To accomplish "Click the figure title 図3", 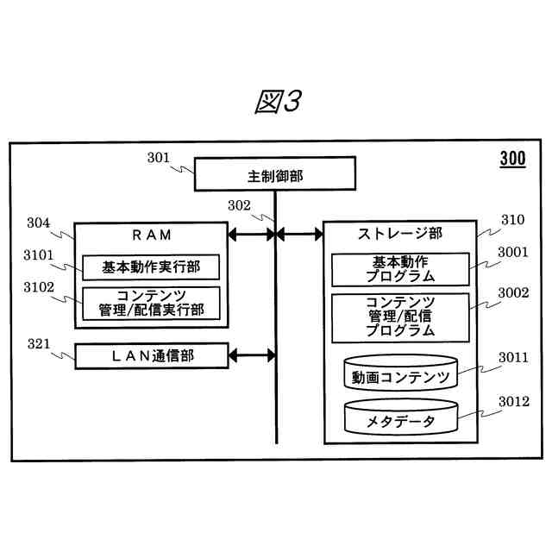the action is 277,103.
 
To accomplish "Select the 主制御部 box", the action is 274,174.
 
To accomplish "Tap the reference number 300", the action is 511,159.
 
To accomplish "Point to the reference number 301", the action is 159,157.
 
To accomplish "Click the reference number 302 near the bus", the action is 239,205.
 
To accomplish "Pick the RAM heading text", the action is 151,235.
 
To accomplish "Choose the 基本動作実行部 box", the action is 151,267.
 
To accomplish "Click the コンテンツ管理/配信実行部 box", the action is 151,303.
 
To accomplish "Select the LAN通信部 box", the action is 151,355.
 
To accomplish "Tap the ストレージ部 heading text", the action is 399,234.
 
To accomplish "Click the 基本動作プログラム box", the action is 400,268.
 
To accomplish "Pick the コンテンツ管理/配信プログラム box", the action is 400,316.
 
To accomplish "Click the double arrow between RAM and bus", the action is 252,234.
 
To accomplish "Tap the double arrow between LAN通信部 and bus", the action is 252,354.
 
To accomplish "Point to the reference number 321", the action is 38,344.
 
